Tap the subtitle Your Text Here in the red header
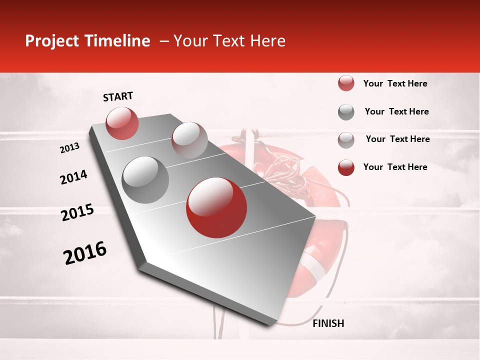coord(229,41)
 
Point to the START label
coord(118,96)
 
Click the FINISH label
coord(328,323)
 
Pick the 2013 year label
coord(69,148)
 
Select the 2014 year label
coord(73,177)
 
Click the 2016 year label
coord(85,253)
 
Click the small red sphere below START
coord(122,123)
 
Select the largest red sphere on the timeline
coord(216,207)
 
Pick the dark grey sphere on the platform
coord(145,179)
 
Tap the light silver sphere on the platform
coord(189,139)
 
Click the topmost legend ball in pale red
coord(346,83)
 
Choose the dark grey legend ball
coord(346,112)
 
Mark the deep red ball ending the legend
coord(346,167)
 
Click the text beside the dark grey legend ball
coord(396,111)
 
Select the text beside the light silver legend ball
coord(397,139)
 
